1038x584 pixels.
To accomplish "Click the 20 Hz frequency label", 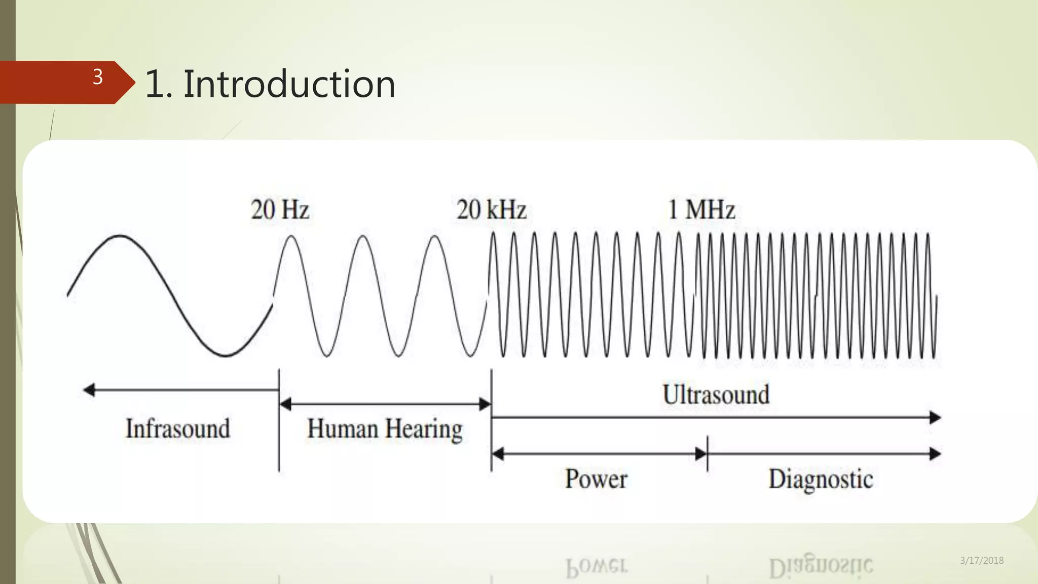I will (x=280, y=210).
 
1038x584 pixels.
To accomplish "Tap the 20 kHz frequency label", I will (x=491, y=210).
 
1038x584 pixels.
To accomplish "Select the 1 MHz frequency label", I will (x=701, y=210).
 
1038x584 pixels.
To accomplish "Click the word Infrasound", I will (x=178, y=429).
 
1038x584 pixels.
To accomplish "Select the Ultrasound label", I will (x=716, y=395).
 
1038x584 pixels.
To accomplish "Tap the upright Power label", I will (x=596, y=479).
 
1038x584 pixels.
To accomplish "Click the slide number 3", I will (x=98, y=77).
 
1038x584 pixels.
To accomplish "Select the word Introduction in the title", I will (x=289, y=84).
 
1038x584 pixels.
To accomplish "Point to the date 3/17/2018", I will (x=982, y=561).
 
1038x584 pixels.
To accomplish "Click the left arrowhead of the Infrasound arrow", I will (x=89, y=390).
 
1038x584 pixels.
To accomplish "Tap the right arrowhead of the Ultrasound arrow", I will (x=936, y=418).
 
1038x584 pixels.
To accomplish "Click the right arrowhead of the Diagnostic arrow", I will (x=936, y=454).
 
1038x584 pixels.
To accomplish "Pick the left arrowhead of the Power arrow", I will (x=498, y=454).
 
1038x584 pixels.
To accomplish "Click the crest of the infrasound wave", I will (x=121, y=236).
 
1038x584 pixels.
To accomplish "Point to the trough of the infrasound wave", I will (x=224, y=355).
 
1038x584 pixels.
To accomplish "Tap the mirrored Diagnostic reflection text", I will (x=821, y=566).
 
